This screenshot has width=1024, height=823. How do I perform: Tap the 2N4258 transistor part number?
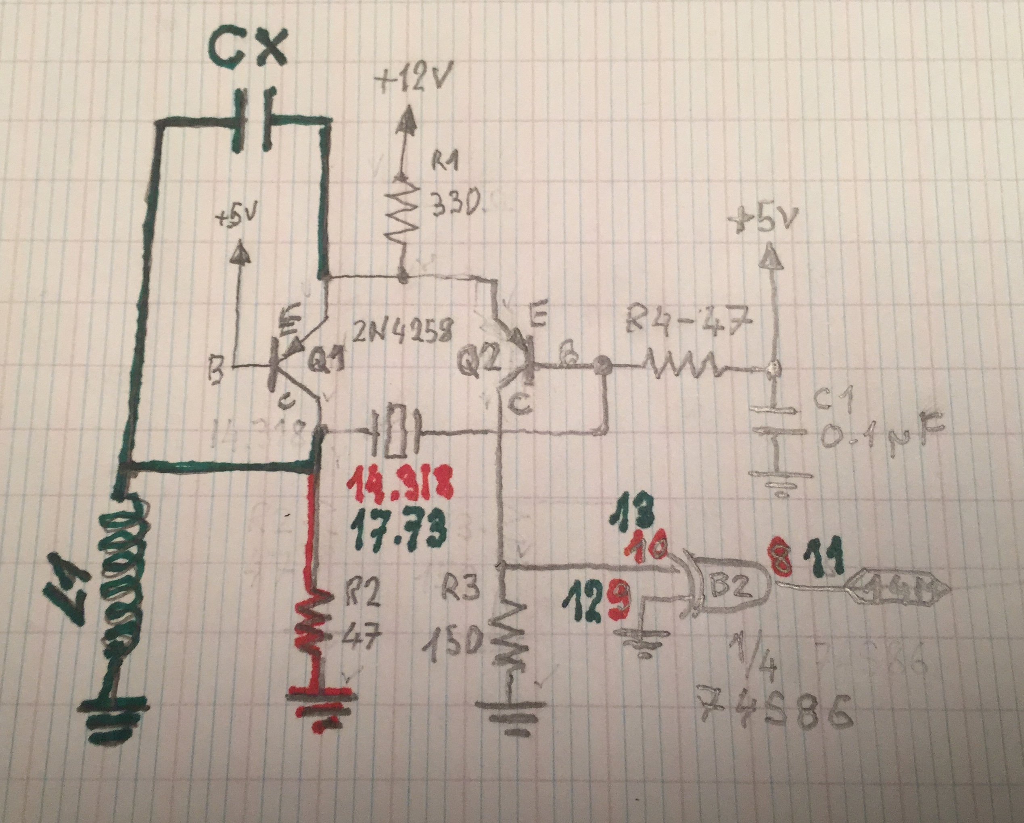[403, 335]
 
